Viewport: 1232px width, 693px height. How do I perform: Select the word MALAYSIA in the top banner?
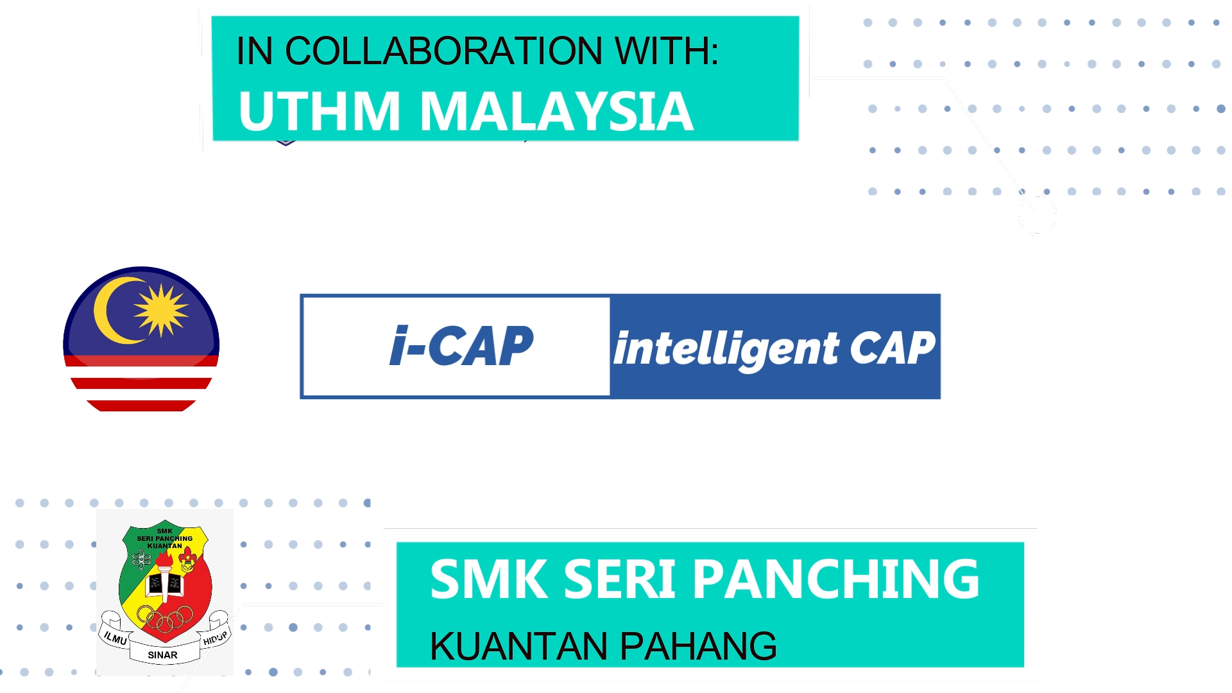[556, 111]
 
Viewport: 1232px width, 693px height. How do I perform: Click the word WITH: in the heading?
[667, 51]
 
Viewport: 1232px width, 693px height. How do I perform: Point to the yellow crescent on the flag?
[116, 311]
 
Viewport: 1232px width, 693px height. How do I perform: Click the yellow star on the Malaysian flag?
[161, 311]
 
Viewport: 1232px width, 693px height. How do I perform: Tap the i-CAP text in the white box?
[461, 346]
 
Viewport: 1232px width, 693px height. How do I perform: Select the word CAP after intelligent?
[893, 348]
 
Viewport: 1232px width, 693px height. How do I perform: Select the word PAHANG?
[698, 646]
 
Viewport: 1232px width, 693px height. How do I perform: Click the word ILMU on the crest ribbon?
[116, 638]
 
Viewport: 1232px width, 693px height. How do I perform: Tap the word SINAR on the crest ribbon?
[162, 655]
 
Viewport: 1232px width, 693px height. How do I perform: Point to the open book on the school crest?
[166, 584]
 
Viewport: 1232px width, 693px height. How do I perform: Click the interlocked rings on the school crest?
[165, 618]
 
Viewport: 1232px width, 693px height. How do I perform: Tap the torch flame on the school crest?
[164, 560]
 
